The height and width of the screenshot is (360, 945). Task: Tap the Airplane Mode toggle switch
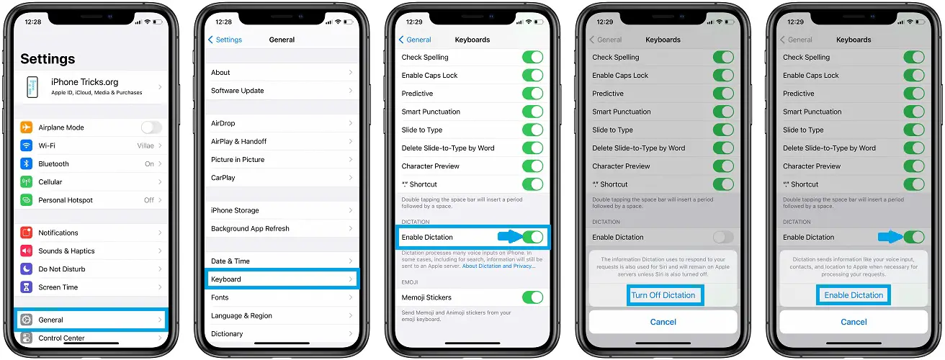pyautogui.click(x=151, y=127)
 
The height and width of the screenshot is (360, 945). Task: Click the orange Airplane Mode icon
pyautogui.click(x=27, y=127)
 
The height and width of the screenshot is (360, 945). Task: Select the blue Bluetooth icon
pyautogui.click(x=27, y=163)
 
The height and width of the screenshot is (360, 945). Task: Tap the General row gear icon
pyautogui.click(x=27, y=320)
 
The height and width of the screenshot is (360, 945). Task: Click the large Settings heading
pyautogui.click(x=48, y=59)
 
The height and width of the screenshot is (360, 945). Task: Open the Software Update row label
pyautogui.click(x=237, y=91)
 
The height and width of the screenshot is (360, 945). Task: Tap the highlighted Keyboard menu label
pyautogui.click(x=226, y=279)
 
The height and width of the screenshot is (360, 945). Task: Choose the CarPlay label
pyautogui.click(x=223, y=178)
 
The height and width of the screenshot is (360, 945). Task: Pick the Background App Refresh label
pyautogui.click(x=250, y=229)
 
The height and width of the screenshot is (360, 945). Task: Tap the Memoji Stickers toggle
pyautogui.click(x=532, y=297)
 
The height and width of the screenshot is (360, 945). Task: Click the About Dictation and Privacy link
pyautogui.click(x=498, y=266)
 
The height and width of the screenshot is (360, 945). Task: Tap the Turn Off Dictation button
pyautogui.click(x=663, y=295)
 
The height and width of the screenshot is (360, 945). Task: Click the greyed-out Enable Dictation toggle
pyautogui.click(x=723, y=237)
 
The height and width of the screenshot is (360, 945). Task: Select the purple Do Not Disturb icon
pyautogui.click(x=27, y=269)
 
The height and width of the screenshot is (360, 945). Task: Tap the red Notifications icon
pyautogui.click(x=27, y=233)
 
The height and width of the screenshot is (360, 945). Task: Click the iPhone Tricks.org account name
pyautogui.click(x=84, y=82)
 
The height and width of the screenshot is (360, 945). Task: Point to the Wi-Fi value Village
pyautogui.click(x=145, y=145)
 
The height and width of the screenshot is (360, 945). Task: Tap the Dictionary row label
pyautogui.click(x=227, y=334)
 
